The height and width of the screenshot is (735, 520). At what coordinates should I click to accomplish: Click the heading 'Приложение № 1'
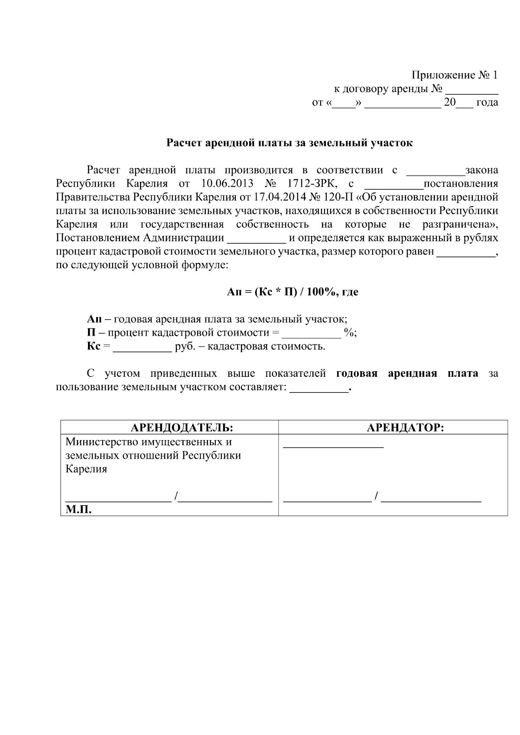(455, 75)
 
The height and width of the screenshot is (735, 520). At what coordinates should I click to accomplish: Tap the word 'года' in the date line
(487, 103)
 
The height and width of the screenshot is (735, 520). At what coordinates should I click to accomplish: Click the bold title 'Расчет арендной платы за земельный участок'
(290, 143)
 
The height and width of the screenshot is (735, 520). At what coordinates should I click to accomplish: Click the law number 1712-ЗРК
(306, 184)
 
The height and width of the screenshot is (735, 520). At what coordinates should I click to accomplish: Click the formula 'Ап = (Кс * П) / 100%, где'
(292, 292)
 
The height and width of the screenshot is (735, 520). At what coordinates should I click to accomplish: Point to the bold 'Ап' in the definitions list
(94, 320)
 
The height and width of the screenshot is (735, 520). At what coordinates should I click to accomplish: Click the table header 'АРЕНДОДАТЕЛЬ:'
(182, 428)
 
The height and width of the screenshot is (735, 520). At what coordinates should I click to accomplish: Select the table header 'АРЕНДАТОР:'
(405, 428)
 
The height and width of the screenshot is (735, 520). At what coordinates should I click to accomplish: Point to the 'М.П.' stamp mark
(78, 510)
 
